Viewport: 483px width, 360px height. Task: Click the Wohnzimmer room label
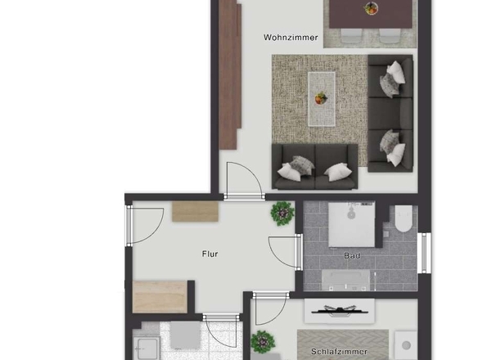click(291, 38)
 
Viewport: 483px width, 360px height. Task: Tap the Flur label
click(210, 254)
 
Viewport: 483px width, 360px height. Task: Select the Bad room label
click(352, 255)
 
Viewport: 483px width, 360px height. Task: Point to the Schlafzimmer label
click(339, 351)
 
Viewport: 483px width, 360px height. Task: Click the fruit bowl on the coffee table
click(321, 98)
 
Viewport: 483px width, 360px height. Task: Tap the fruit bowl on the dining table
click(371, 8)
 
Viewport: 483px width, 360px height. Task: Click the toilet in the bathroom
click(404, 218)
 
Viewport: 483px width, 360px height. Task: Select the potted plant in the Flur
click(282, 213)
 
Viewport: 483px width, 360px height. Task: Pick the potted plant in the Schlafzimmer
click(263, 342)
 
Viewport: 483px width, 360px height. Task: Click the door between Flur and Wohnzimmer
click(244, 181)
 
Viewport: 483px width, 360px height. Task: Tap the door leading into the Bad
click(285, 252)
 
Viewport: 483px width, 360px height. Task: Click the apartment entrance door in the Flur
click(145, 226)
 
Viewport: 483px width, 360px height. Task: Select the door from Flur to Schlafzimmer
click(270, 308)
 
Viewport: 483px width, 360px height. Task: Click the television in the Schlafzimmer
click(340, 311)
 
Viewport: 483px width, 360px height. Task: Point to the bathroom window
click(424, 253)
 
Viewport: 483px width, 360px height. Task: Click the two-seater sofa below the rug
click(314, 167)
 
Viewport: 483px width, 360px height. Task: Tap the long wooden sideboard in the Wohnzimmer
click(230, 74)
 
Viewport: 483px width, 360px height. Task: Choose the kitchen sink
click(147, 349)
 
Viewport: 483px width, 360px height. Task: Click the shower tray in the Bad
click(351, 224)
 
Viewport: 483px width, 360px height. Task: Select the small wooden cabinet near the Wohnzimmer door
click(195, 211)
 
